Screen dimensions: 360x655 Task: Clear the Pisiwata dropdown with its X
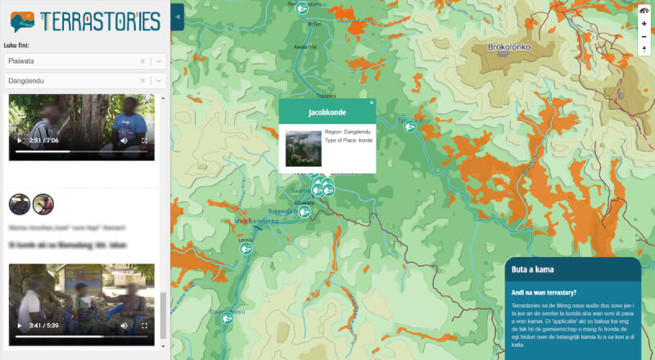coord(142,61)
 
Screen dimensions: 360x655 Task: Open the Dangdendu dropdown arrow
coord(159,81)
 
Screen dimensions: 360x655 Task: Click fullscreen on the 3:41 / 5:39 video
coord(145,326)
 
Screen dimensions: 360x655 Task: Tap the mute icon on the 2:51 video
coord(124,141)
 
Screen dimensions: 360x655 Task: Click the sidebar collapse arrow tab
coord(178,16)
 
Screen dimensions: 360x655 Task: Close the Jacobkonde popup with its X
coord(371,103)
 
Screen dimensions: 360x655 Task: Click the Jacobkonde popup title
coord(327,112)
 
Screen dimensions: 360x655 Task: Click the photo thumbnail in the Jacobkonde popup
coord(303,147)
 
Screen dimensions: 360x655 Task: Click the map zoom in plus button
coord(644,24)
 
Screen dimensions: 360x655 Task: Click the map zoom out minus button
coord(644,37)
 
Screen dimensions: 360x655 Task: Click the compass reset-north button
coord(644,50)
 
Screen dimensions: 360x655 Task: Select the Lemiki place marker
coord(245,249)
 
